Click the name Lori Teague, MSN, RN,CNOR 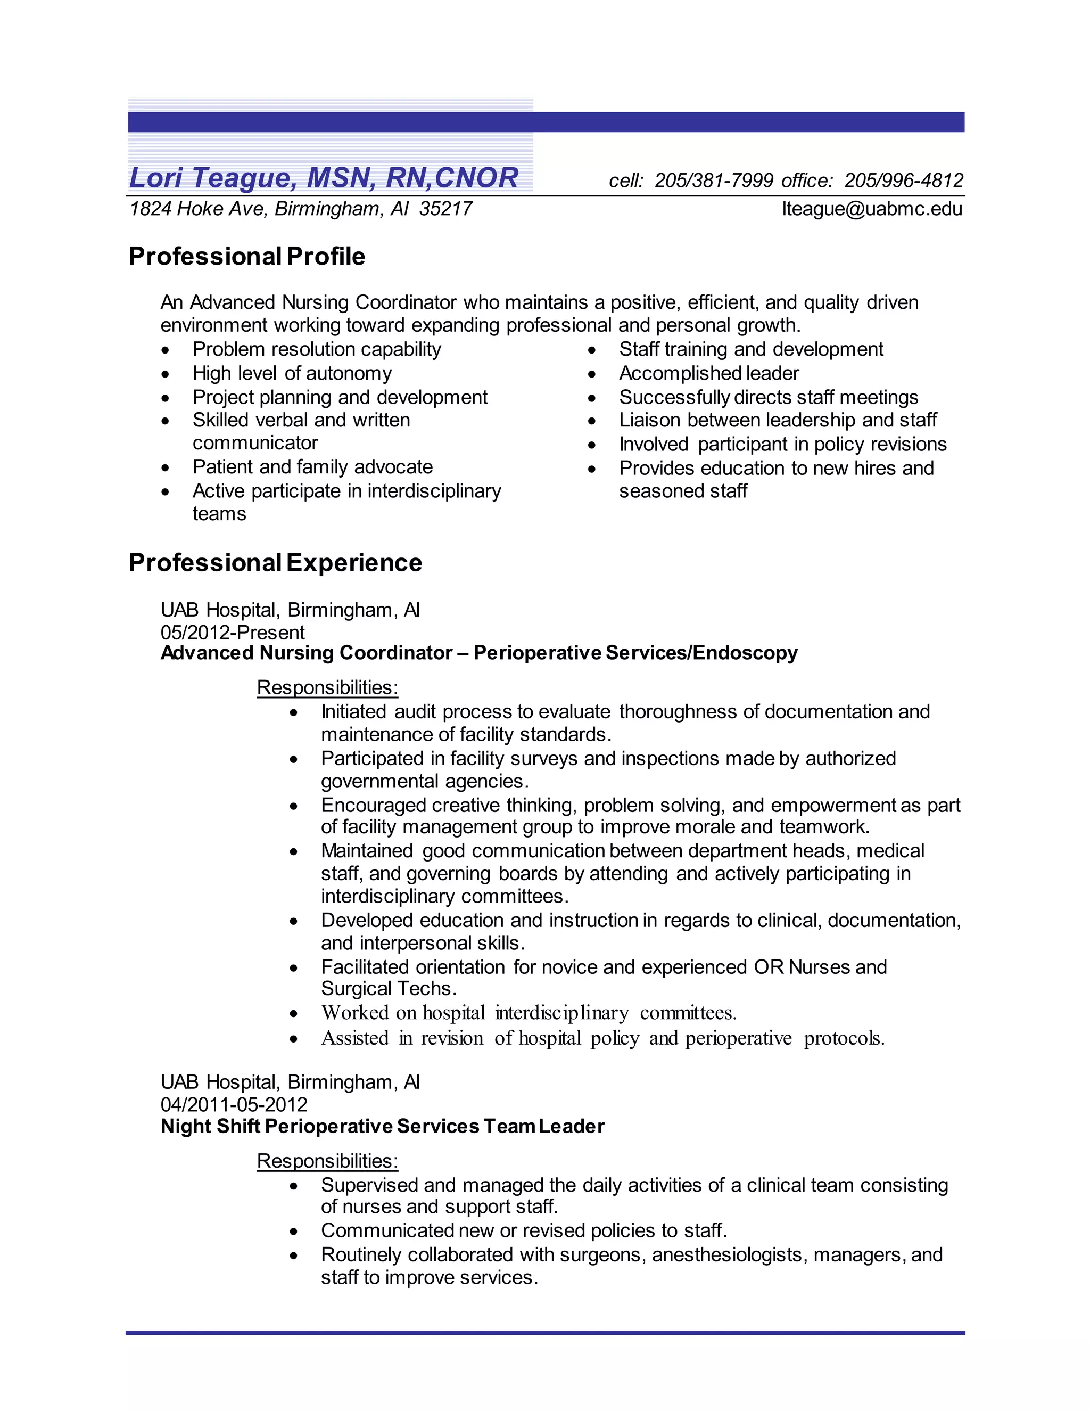323,178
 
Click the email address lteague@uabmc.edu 872,209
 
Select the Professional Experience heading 275,563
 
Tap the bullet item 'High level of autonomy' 292,373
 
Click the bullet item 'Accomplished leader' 708,373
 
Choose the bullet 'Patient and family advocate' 312,467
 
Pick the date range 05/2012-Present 233,633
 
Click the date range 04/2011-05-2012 234,1104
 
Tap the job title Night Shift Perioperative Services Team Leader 382,1126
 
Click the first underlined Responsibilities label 327,687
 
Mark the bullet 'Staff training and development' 750,349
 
